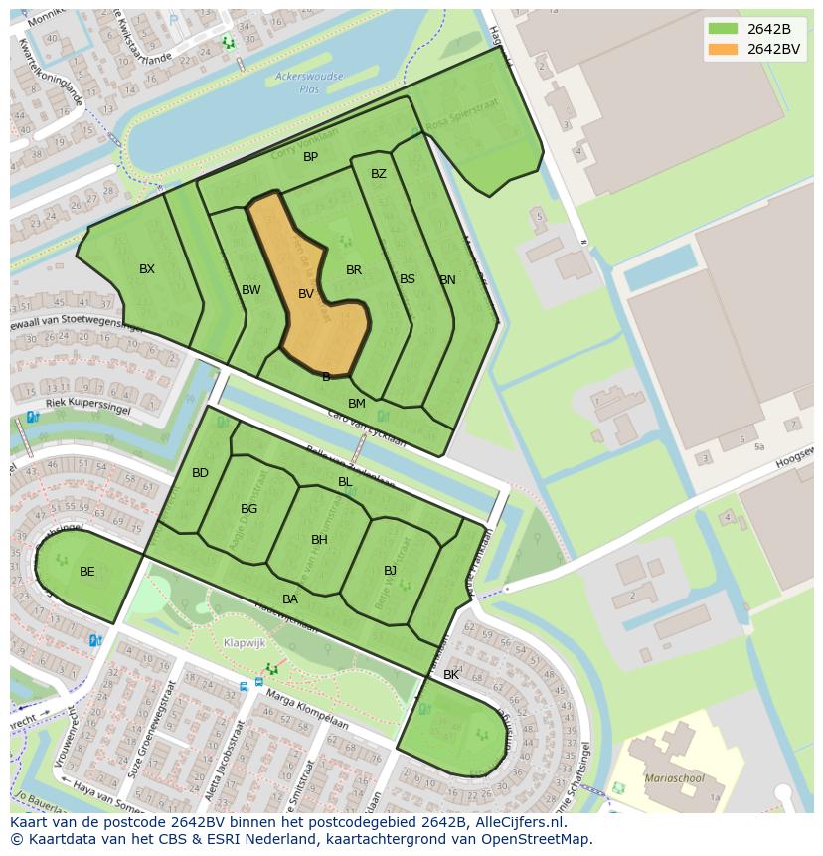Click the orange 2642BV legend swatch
coord(722,49)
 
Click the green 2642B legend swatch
coord(722,29)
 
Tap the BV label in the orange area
coord(306,294)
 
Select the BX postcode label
coord(147,269)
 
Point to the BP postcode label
coord(311,157)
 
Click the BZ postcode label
coord(379,174)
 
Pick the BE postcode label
coord(87,572)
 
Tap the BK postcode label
coord(451,675)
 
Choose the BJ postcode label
coord(391,571)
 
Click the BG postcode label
coord(248,509)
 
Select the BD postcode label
coord(201,473)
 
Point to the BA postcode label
coord(290,599)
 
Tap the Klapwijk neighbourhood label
coord(245,643)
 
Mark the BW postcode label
coord(251,290)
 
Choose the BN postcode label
coord(448,280)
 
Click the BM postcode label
coord(357,404)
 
